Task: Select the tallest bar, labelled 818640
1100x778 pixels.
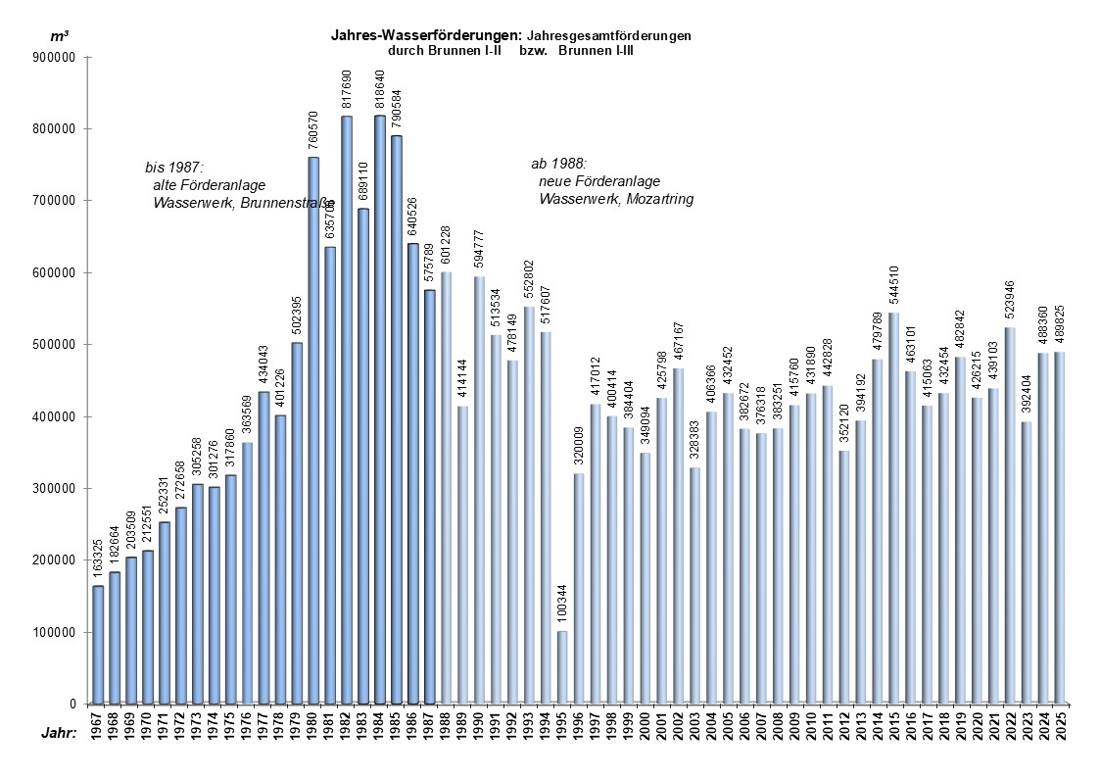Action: point(380,412)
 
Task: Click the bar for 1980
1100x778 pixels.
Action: point(313,431)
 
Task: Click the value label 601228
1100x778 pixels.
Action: point(446,246)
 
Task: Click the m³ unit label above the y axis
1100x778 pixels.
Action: point(59,36)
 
